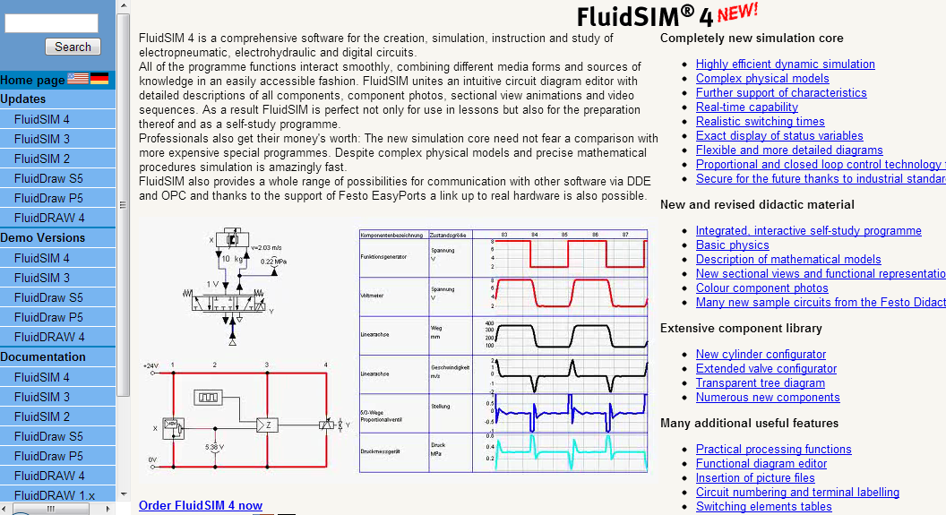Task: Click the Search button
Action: pyautogui.click(x=73, y=47)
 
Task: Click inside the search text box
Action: pyautogui.click(x=51, y=23)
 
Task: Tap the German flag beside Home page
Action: pyautogui.click(x=99, y=79)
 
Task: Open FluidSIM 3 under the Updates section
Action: pyautogui.click(x=42, y=139)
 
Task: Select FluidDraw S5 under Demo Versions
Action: pyautogui.click(x=48, y=297)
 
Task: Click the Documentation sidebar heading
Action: pyautogui.click(x=43, y=356)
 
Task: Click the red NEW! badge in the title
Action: pyautogui.click(x=737, y=13)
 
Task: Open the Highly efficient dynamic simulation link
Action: pyautogui.click(x=785, y=64)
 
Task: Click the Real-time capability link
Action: pyautogui.click(x=746, y=107)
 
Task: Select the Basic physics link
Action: pyautogui.click(x=732, y=245)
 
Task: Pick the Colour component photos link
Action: pyautogui.click(x=761, y=288)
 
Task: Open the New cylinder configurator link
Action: pyautogui.click(x=761, y=354)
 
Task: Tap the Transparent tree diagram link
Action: pyautogui.click(x=761, y=382)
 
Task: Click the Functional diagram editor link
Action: pyautogui.click(x=761, y=463)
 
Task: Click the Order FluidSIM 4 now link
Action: pyautogui.click(x=201, y=505)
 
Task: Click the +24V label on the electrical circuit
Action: pyautogui.click(x=150, y=365)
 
